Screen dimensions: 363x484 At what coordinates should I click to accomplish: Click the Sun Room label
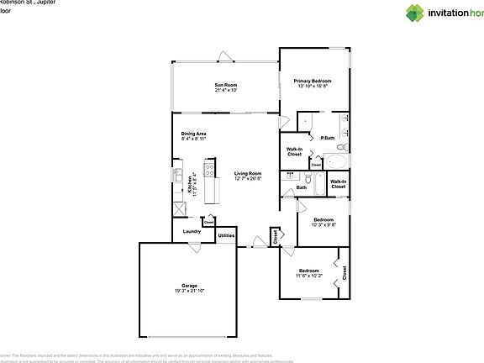pos(226,85)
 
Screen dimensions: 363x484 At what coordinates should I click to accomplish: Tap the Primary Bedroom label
pos(312,81)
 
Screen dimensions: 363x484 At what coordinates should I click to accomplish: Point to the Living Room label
pos(248,173)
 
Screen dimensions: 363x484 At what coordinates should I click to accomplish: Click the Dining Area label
pos(194,134)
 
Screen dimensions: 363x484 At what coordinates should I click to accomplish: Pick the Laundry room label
pos(190,231)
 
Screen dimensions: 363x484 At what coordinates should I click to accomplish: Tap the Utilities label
pos(226,235)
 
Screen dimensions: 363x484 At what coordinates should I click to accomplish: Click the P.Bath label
pos(329,138)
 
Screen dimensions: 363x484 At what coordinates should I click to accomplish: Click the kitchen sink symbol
pos(178,176)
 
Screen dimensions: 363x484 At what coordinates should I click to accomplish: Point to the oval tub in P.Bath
pos(337,160)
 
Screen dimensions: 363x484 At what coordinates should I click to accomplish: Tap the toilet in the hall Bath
pos(309,179)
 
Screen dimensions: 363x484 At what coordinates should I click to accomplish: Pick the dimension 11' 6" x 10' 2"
pos(308,275)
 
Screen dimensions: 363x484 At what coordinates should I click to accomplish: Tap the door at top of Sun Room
pos(225,56)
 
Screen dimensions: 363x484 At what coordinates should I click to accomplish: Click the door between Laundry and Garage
pos(193,247)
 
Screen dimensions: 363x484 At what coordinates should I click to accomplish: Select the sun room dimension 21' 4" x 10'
pos(226,90)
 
